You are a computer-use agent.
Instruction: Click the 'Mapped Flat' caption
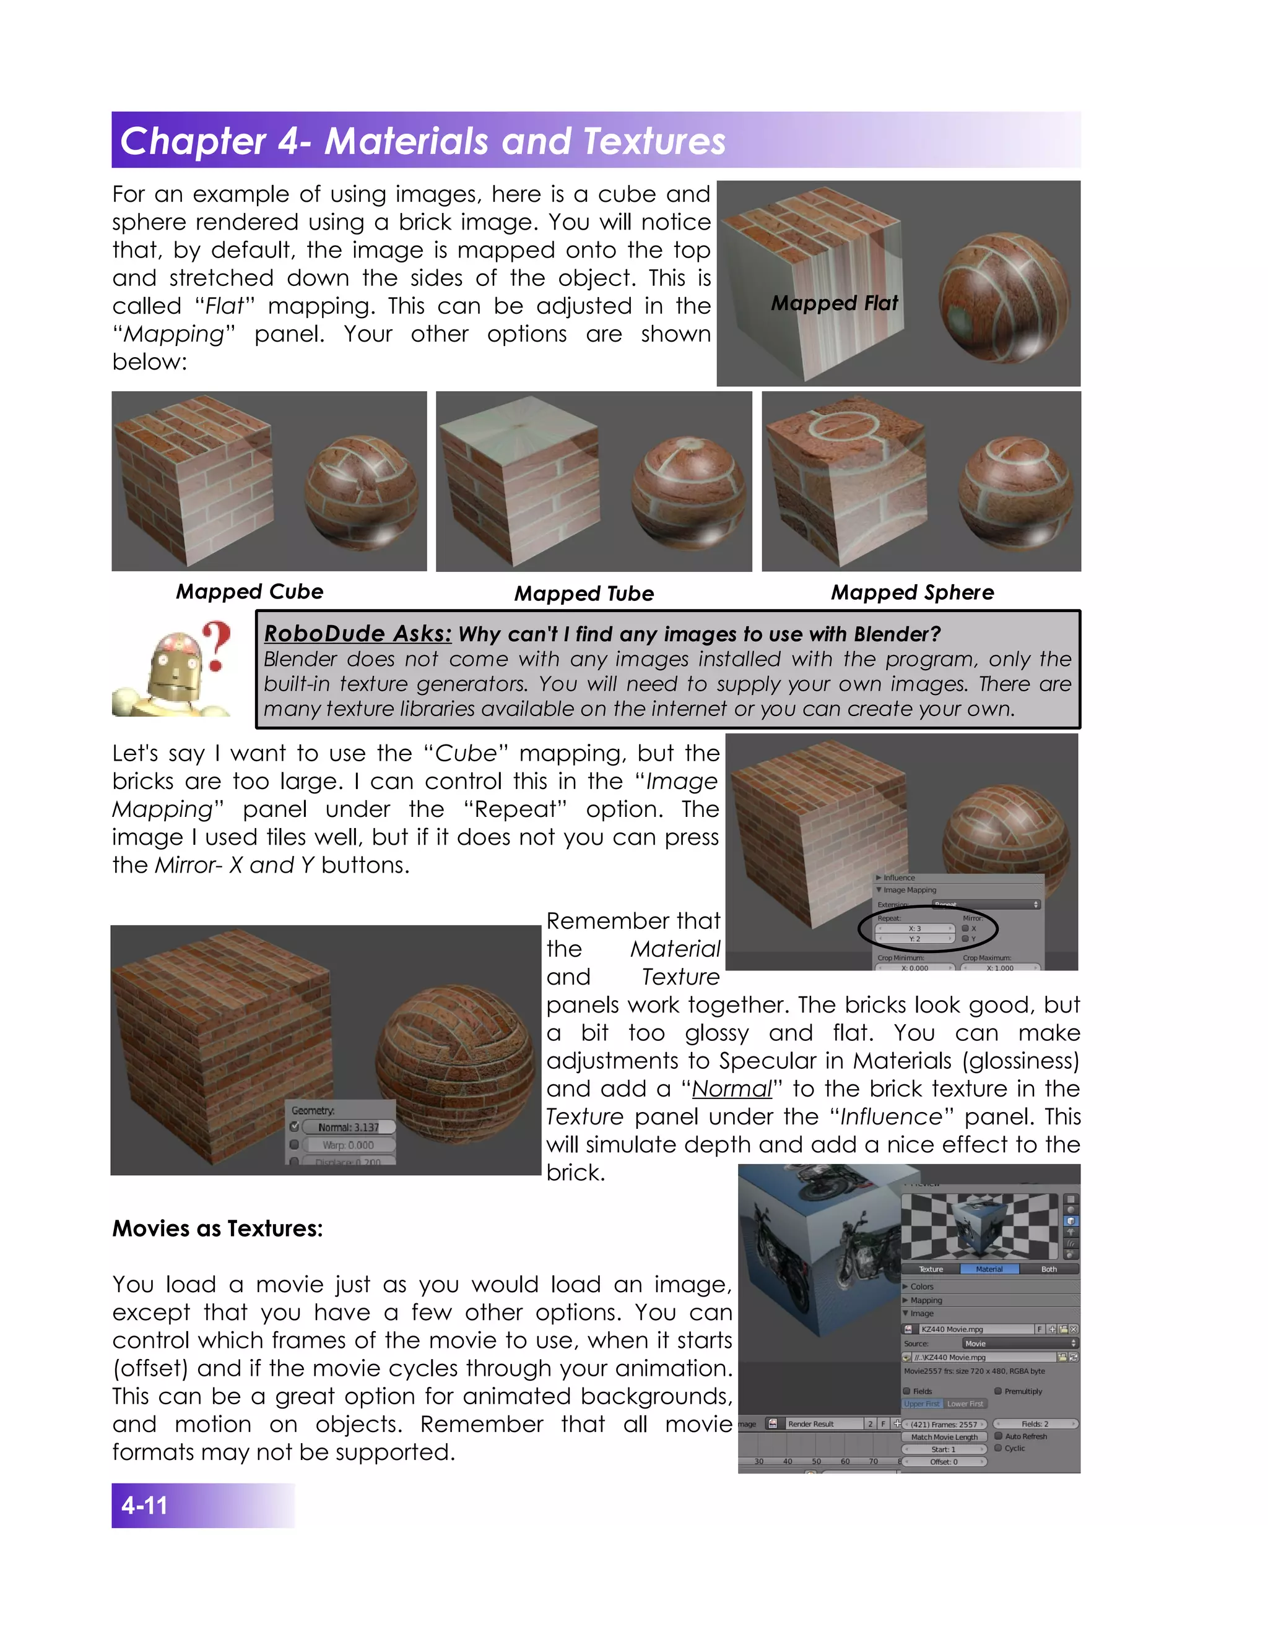834,303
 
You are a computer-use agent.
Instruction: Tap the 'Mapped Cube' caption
250,592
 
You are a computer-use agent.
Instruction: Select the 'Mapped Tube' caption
584,594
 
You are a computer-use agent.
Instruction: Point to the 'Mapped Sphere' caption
912,592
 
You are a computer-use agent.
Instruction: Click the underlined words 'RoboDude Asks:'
358,634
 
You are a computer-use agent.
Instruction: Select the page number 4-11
144,1506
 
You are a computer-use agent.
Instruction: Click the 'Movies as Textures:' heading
217,1228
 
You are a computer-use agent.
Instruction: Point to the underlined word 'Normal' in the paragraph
731,1089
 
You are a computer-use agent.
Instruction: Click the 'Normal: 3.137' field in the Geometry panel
349,1127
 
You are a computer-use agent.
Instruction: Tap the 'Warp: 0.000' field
349,1145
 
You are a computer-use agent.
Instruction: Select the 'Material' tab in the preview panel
989,1269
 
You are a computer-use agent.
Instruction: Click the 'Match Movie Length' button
944,1436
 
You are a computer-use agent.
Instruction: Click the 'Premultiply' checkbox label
1022,1391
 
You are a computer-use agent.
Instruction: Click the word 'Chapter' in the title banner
193,141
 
